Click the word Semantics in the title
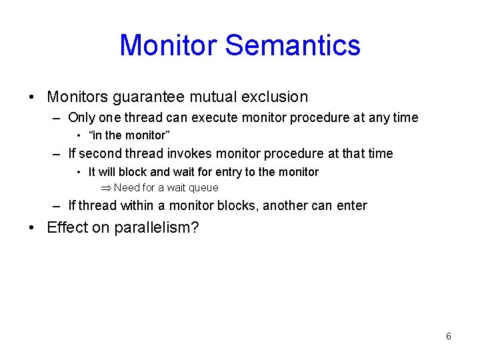[x=293, y=45]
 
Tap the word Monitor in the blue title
[x=168, y=45]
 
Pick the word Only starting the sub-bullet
[x=82, y=118]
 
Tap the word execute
[x=215, y=118]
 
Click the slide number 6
[x=448, y=337]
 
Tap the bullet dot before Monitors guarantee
[x=33, y=97]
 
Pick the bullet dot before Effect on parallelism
[x=33, y=227]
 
